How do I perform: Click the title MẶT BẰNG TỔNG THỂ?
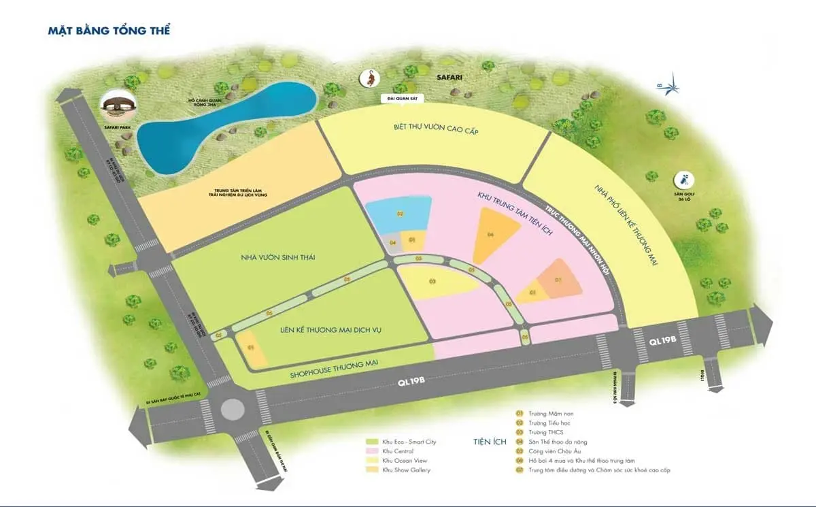coord(109,31)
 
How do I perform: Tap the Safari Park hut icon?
coord(118,105)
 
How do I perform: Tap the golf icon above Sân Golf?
coord(681,181)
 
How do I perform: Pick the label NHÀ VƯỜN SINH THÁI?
coord(270,257)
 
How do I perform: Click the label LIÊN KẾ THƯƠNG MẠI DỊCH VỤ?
coord(331,330)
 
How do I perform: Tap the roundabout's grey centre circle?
coord(232,408)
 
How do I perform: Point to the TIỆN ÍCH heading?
coord(491,442)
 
